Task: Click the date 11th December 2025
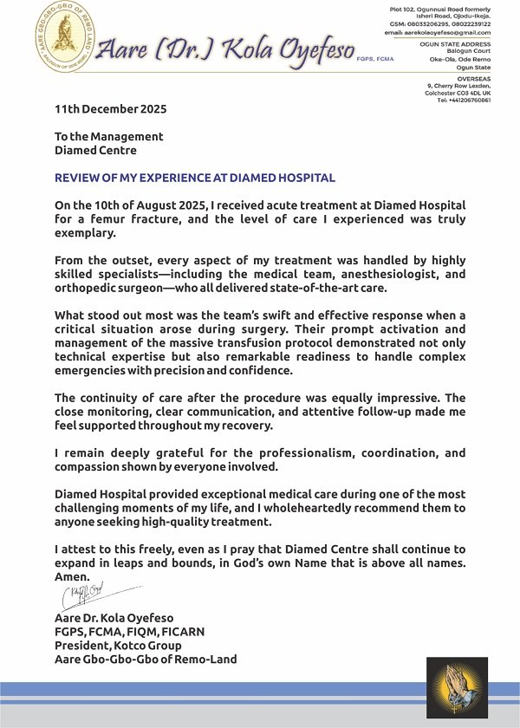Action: pos(110,109)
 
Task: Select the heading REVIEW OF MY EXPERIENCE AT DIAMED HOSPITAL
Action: pos(194,178)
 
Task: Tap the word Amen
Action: pos(72,576)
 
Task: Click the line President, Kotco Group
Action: pos(118,645)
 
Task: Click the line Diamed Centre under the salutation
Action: pos(95,150)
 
